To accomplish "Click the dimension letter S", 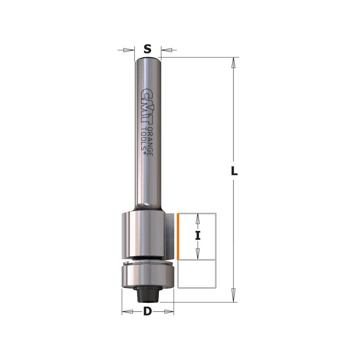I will tap(147, 49).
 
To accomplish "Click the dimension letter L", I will tap(235, 171).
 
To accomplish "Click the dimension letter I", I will tap(197, 236).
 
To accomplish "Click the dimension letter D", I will tap(147, 311).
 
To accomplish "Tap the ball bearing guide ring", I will tap(147, 275).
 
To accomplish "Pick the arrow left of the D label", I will tap(128, 311).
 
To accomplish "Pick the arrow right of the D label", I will tap(168, 311).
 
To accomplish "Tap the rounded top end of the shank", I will tap(147, 58).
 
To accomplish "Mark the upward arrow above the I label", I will tap(197, 219).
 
